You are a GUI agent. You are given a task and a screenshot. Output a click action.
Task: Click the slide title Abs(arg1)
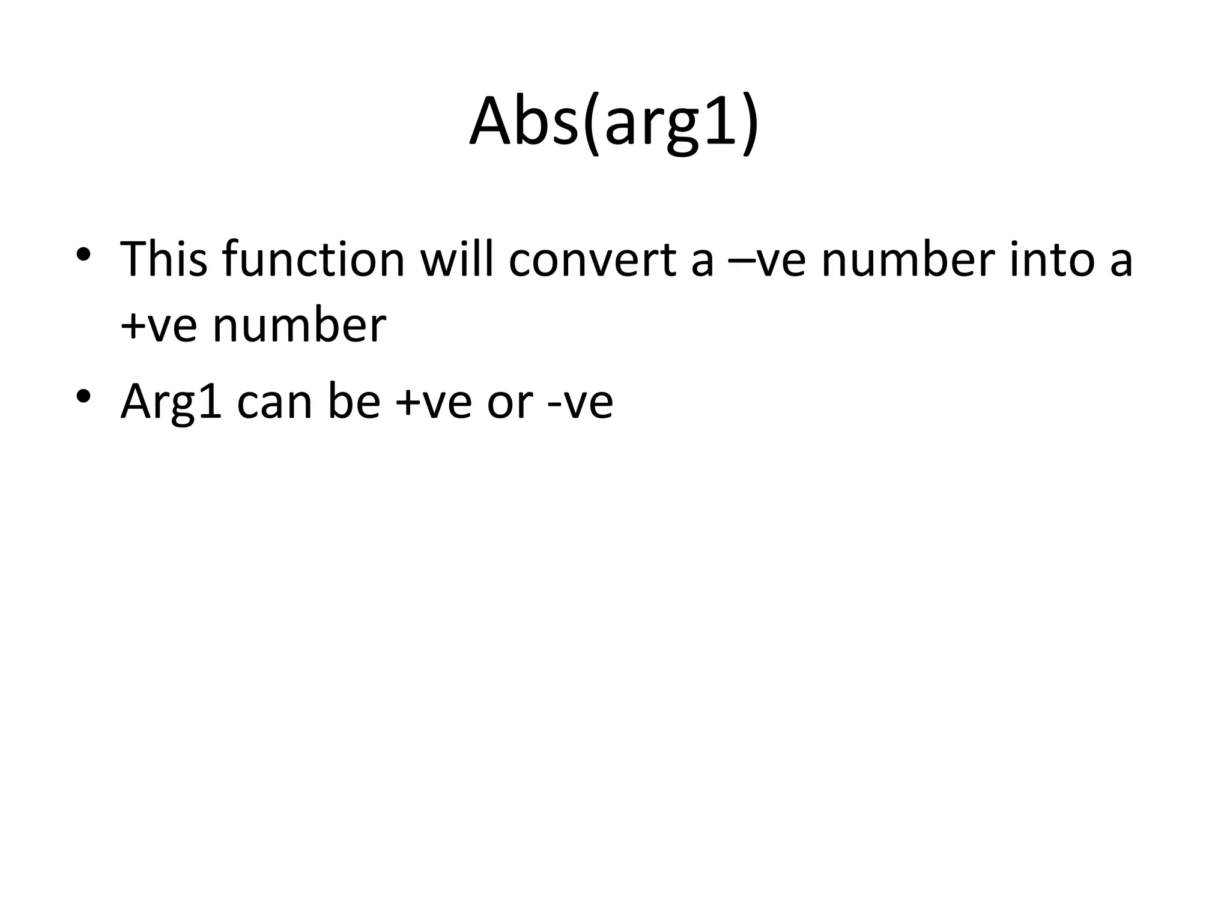click(614, 123)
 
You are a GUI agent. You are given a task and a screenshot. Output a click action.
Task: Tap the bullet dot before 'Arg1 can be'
click(83, 395)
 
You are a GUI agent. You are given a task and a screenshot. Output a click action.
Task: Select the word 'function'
click(313, 259)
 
